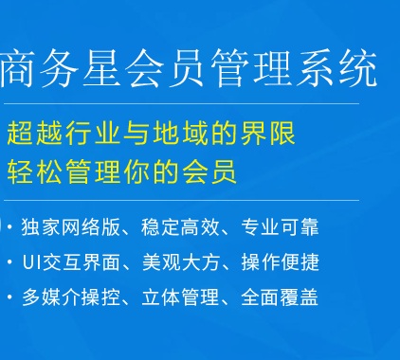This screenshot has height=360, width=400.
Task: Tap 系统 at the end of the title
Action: [x=337, y=67]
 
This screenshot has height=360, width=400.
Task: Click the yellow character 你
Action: [x=137, y=172]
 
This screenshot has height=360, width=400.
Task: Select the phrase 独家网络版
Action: [x=71, y=226]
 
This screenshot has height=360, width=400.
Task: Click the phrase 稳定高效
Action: [x=180, y=226]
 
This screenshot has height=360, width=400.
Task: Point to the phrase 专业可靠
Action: [x=280, y=226]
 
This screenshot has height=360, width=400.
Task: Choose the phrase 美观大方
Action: [x=181, y=262]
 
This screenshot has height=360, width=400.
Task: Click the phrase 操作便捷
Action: [x=281, y=262]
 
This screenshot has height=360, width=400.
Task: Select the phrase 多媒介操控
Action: [x=71, y=297]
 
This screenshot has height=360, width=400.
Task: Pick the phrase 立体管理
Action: [x=180, y=297]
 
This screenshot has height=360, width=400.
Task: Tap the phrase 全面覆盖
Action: [x=280, y=297]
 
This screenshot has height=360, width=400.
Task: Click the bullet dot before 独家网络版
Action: [x=10, y=227]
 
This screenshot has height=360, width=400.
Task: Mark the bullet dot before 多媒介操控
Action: [x=10, y=297]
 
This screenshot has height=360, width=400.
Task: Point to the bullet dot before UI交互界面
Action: [x=10, y=262]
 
